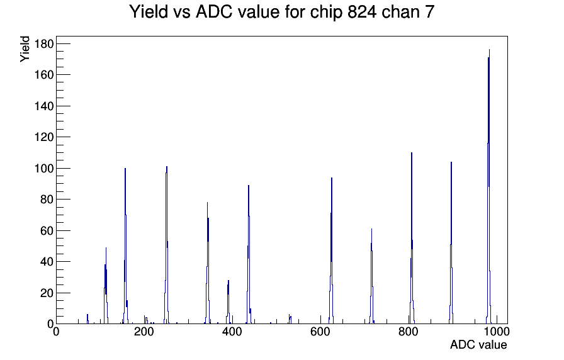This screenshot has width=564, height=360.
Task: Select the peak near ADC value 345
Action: click(208, 262)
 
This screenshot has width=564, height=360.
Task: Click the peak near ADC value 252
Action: click(167, 245)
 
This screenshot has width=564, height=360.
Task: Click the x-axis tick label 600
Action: click(320, 332)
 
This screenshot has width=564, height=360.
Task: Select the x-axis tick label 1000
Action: click(497, 332)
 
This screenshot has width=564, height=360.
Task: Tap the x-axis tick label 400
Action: click(232, 332)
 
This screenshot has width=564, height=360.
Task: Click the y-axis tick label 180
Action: click(44, 44)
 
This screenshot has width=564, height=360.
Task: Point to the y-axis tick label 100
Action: click(44, 168)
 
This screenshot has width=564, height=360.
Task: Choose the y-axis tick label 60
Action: click(47, 230)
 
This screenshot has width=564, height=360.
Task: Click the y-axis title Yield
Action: click(25, 49)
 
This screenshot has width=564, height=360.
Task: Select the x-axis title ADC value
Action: click(478, 344)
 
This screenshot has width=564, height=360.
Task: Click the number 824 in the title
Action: click(362, 12)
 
